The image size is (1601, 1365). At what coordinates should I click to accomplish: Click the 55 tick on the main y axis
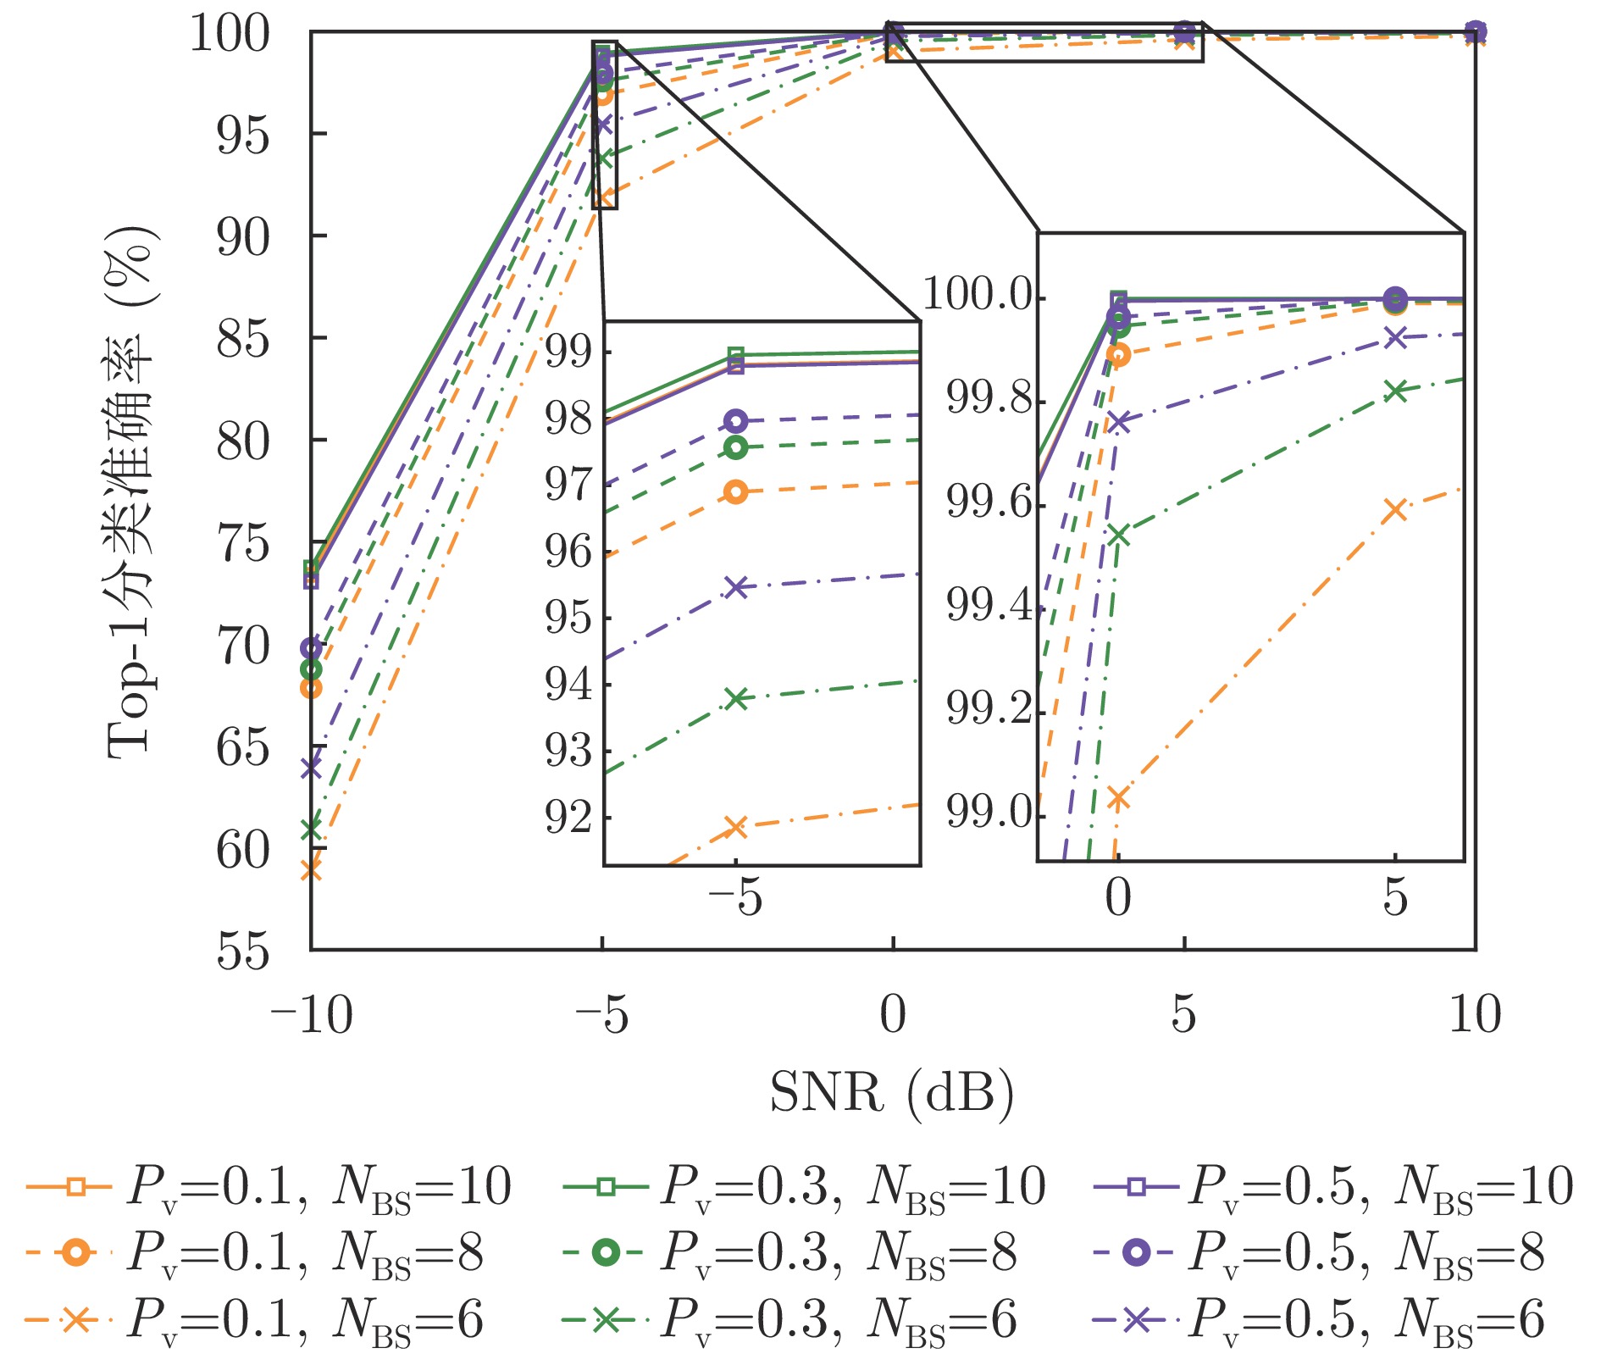click(x=243, y=952)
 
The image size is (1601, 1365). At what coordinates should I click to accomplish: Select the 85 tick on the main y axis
click(x=243, y=339)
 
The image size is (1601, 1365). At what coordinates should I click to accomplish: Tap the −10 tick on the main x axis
click(x=311, y=1014)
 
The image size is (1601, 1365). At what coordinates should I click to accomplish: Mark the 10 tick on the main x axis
click(x=1475, y=1014)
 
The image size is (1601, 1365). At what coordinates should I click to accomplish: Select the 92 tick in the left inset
click(x=568, y=818)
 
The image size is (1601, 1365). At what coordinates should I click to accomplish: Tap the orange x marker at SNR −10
click(x=311, y=869)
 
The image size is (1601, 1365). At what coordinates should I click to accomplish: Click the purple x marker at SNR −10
click(x=311, y=768)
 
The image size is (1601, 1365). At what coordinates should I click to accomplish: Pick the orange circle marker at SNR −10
click(x=311, y=688)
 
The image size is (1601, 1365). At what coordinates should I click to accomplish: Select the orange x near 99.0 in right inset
click(x=1118, y=797)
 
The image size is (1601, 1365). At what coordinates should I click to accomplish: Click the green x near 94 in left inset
click(x=737, y=698)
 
